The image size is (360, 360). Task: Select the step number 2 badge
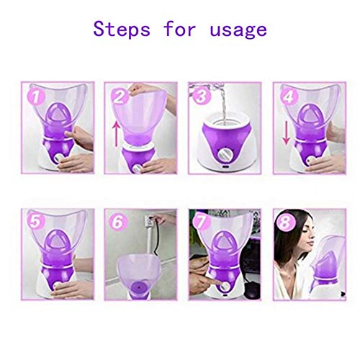pos(120,95)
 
